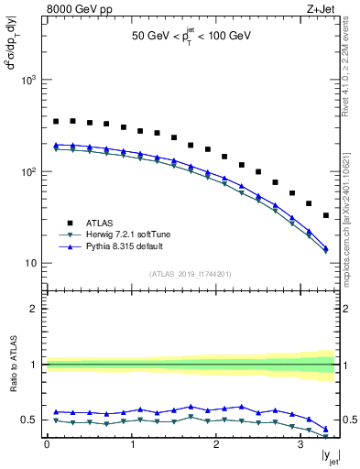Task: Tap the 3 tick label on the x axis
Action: [300, 446]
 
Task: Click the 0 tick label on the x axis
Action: [47, 446]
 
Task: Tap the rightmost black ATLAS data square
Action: [326, 215]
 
